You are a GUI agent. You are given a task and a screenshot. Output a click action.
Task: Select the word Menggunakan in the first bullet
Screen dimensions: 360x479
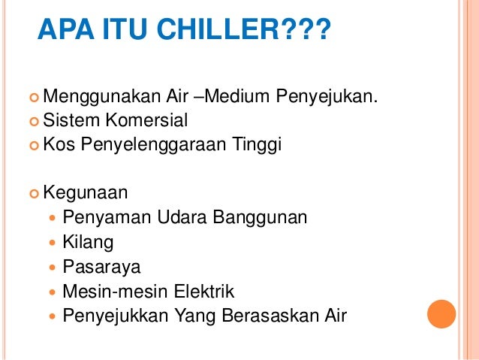91,97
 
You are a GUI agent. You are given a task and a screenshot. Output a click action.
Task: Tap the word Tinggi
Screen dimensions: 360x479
257,144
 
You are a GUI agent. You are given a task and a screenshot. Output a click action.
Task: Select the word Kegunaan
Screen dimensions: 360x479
86,192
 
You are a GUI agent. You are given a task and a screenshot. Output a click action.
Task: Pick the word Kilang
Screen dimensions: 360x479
89,242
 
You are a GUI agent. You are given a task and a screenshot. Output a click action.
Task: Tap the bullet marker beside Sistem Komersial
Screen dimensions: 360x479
33,121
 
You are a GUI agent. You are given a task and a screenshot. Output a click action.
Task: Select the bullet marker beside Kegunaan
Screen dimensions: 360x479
33,193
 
